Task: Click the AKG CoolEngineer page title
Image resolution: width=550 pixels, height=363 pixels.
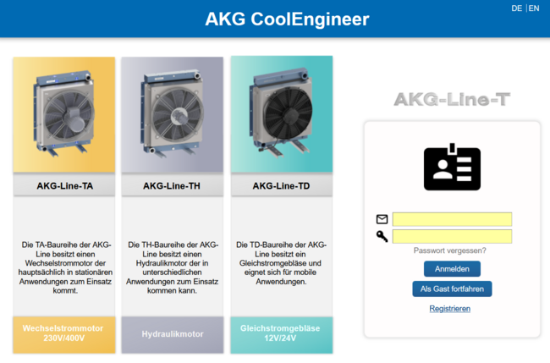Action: pyautogui.click(x=287, y=19)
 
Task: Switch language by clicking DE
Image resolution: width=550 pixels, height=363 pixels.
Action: pyautogui.click(x=516, y=8)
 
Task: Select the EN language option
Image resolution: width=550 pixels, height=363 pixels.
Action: pyautogui.click(x=534, y=8)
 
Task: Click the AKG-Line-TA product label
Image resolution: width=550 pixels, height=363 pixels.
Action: pyautogui.click(x=64, y=186)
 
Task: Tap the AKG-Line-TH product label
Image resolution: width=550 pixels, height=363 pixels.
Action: pyautogui.click(x=172, y=186)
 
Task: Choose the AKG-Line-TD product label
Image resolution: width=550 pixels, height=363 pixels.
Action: pyautogui.click(x=281, y=186)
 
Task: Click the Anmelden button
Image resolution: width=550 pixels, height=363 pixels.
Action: pyautogui.click(x=452, y=269)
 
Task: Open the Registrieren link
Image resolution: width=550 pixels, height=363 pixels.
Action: pyautogui.click(x=449, y=309)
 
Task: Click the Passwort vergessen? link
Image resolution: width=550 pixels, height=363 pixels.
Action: pyautogui.click(x=449, y=250)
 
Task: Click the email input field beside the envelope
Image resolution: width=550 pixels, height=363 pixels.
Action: pyautogui.click(x=452, y=219)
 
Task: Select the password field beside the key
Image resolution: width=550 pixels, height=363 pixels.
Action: pyautogui.click(x=452, y=236)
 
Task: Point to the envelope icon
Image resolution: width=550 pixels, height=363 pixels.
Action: pyautogui.click(x=382, y=219)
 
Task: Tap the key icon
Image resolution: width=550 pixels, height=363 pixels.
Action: pyautogui.click(x=382, y=236)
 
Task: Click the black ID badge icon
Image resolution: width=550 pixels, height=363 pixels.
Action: pyautogui.click(x=452, y=168)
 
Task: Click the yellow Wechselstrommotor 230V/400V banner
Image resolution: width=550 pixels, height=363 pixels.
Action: pyautogui.click(x=64, y=334)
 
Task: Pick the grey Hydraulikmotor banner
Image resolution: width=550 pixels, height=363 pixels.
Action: pyautogui.click(x=173, y=334)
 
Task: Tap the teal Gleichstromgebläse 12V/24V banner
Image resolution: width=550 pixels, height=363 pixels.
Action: pyautogui.click(x=281, y=334)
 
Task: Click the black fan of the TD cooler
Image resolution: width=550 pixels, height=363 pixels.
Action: pyautogui.click(x=289, y=113)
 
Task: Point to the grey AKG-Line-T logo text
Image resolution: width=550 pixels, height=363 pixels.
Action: pyautogui.click(x=452, y=99)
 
